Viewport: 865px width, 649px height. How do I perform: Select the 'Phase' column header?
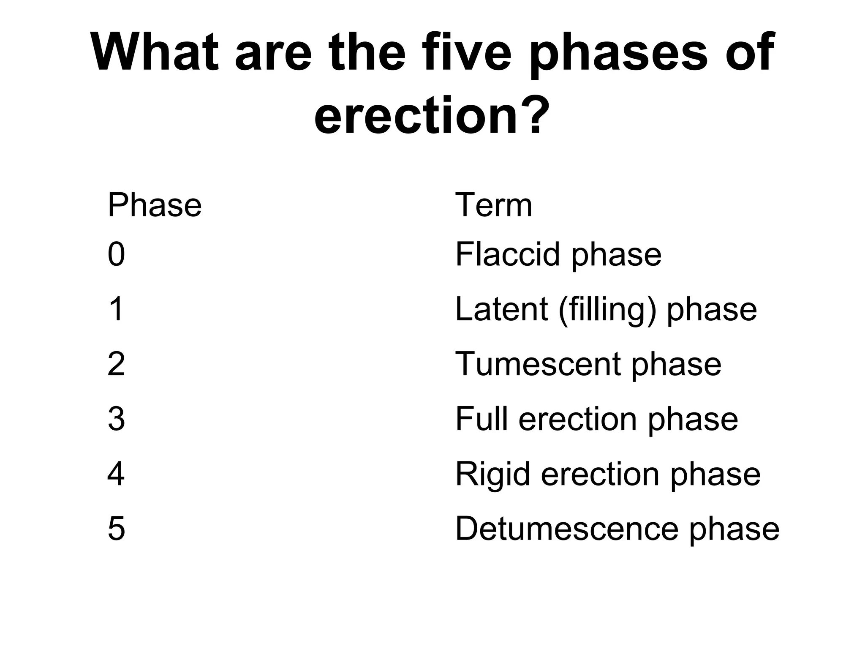tap(155, 205)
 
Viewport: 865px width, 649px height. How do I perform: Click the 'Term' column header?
tap(493, 205)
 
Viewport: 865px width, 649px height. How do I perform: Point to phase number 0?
tap(116, 254)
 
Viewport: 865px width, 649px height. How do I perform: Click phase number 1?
tap(116, 309)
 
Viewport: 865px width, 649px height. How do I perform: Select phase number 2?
tap(116, 364)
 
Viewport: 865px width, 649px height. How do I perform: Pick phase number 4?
tap(116, 474)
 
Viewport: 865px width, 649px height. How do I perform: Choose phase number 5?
tap(116, 529)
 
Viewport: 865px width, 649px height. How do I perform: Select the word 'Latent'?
tap(501, 309)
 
